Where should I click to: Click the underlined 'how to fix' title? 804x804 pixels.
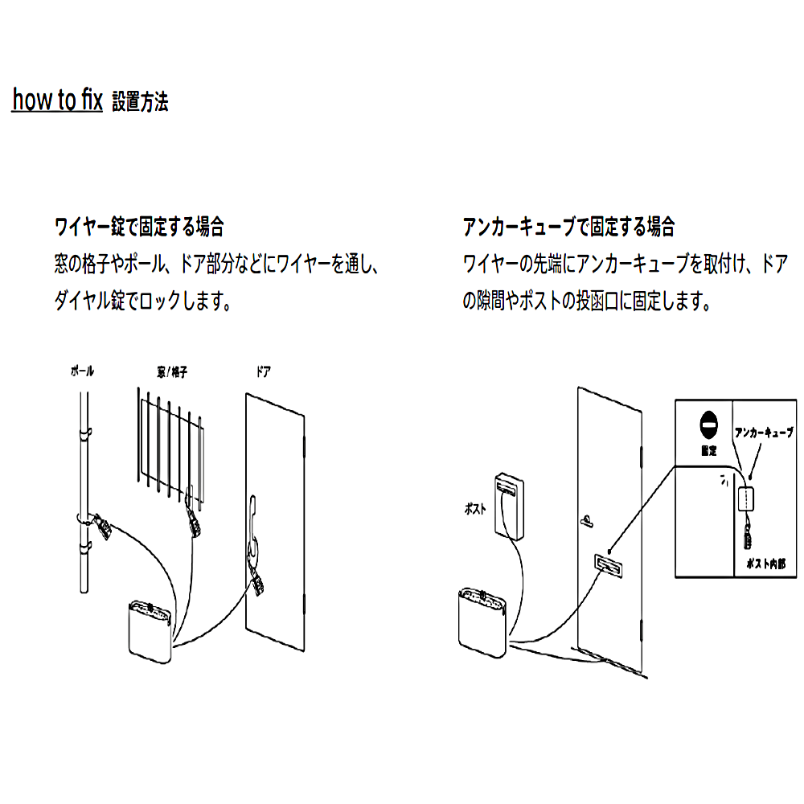pyautogui.click(x=57, y=100)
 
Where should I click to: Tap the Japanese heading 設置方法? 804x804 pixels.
pyautogui.click(x=140, y=102)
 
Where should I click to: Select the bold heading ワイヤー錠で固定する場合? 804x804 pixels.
pyautogui.click(x=138, y=227)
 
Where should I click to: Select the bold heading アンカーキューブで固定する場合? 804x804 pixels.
pyautogui.click(x=568, y=227)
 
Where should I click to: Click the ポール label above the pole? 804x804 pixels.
pyautogui.click(x=82, y=371)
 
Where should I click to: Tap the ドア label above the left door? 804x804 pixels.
pyautogui.click(x=263, y=371)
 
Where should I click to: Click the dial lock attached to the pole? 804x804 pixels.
pyautogui.click(x=102, y=526)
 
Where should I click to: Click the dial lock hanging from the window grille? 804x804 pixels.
pyautogui.click(x=193, y=523)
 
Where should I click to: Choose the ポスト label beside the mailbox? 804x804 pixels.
pyautogui.click(x=475, y=509)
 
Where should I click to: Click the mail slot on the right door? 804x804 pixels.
pyautogui.click(x=608, y=568)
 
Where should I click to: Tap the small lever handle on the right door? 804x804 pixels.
pyautogui.click(x=587, y=520)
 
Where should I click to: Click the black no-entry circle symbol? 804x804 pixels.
pyautogui.click(x=708, y=422)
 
